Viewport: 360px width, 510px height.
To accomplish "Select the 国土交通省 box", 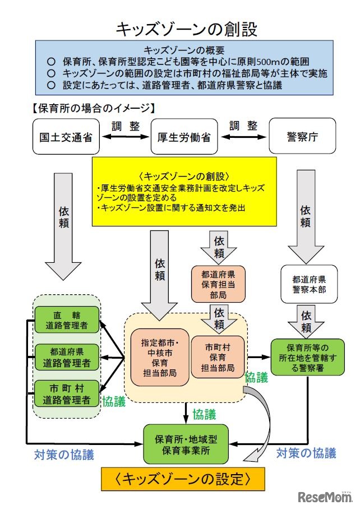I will point(62,136).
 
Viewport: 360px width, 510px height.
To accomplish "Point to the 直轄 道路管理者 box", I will point(67,319).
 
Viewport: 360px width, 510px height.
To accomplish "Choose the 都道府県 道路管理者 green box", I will point(67,357).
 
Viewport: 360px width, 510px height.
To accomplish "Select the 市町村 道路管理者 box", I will point(67,394).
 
